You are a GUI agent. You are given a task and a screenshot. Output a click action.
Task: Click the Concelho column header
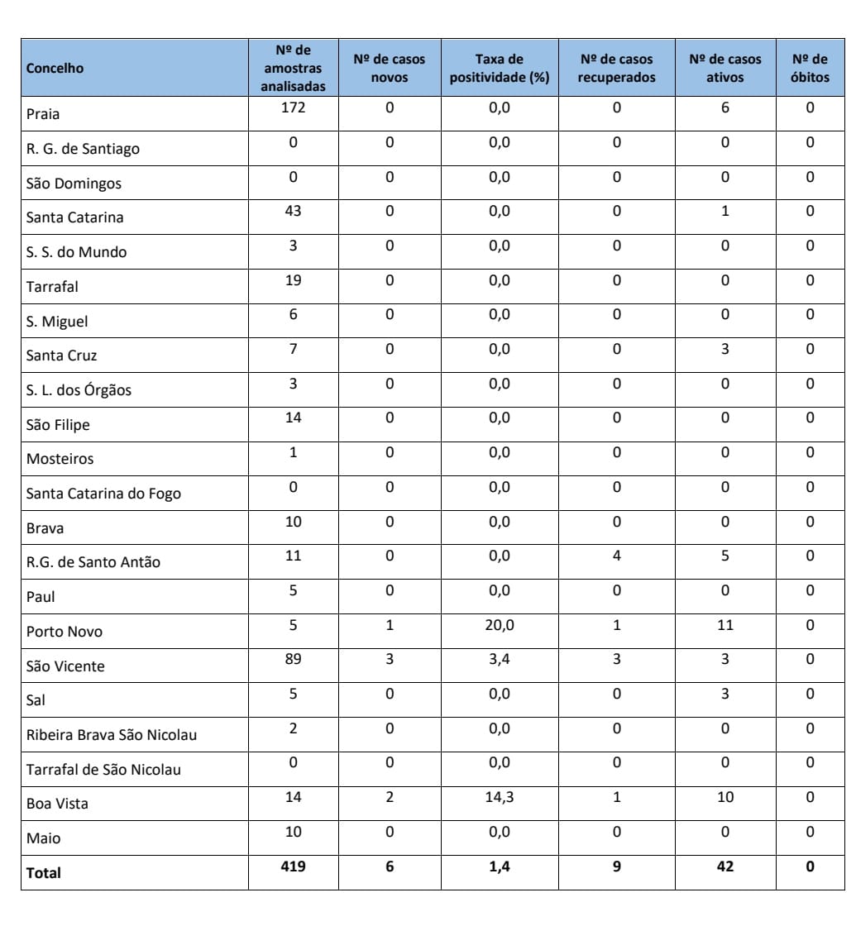[55, 69]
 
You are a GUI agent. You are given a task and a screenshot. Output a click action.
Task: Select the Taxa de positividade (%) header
[499, 69]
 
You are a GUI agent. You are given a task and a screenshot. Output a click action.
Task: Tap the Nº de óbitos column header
[810, 69]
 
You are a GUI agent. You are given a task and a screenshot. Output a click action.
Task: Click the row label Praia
[43, 114]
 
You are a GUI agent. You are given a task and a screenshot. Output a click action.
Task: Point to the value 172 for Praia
[293, 107]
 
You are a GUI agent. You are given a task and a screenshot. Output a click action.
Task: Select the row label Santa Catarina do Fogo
[103, 494]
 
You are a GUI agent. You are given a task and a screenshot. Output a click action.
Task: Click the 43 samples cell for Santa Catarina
[293, 211]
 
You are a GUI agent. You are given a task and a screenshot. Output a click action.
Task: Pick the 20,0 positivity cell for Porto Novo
[499, 625]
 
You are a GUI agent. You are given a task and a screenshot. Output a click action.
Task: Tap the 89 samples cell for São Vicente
[293, 659]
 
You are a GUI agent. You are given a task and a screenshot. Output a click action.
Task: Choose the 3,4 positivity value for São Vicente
[499, 659]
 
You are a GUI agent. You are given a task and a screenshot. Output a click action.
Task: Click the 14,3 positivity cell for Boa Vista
[499, 797]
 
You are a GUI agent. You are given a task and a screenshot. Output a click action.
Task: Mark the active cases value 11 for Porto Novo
[724, 625]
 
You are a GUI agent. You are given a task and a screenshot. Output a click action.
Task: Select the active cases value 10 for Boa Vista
[724, 797]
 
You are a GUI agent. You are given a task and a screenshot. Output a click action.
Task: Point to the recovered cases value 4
[617, 556]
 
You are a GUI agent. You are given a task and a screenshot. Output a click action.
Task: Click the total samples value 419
[293, 866]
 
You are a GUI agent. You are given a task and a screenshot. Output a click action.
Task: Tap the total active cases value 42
[724, 866]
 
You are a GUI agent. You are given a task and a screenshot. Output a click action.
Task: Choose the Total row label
[44, 872]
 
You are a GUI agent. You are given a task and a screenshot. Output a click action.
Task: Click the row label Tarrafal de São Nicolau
[103, 770]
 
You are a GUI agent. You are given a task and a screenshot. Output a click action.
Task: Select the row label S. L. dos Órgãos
[79, 390]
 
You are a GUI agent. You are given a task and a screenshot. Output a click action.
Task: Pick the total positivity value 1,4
[499, 866]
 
